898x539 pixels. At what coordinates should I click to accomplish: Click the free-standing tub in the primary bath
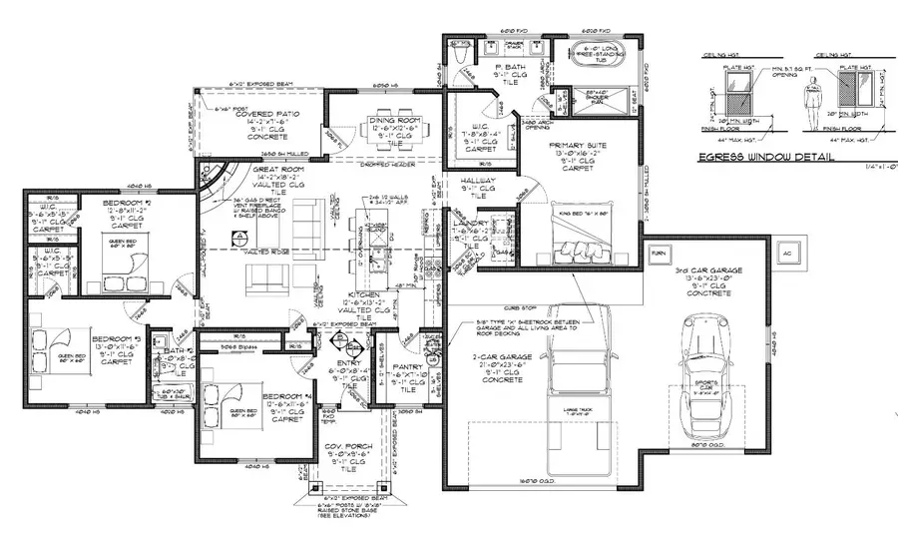coord(608,69)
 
